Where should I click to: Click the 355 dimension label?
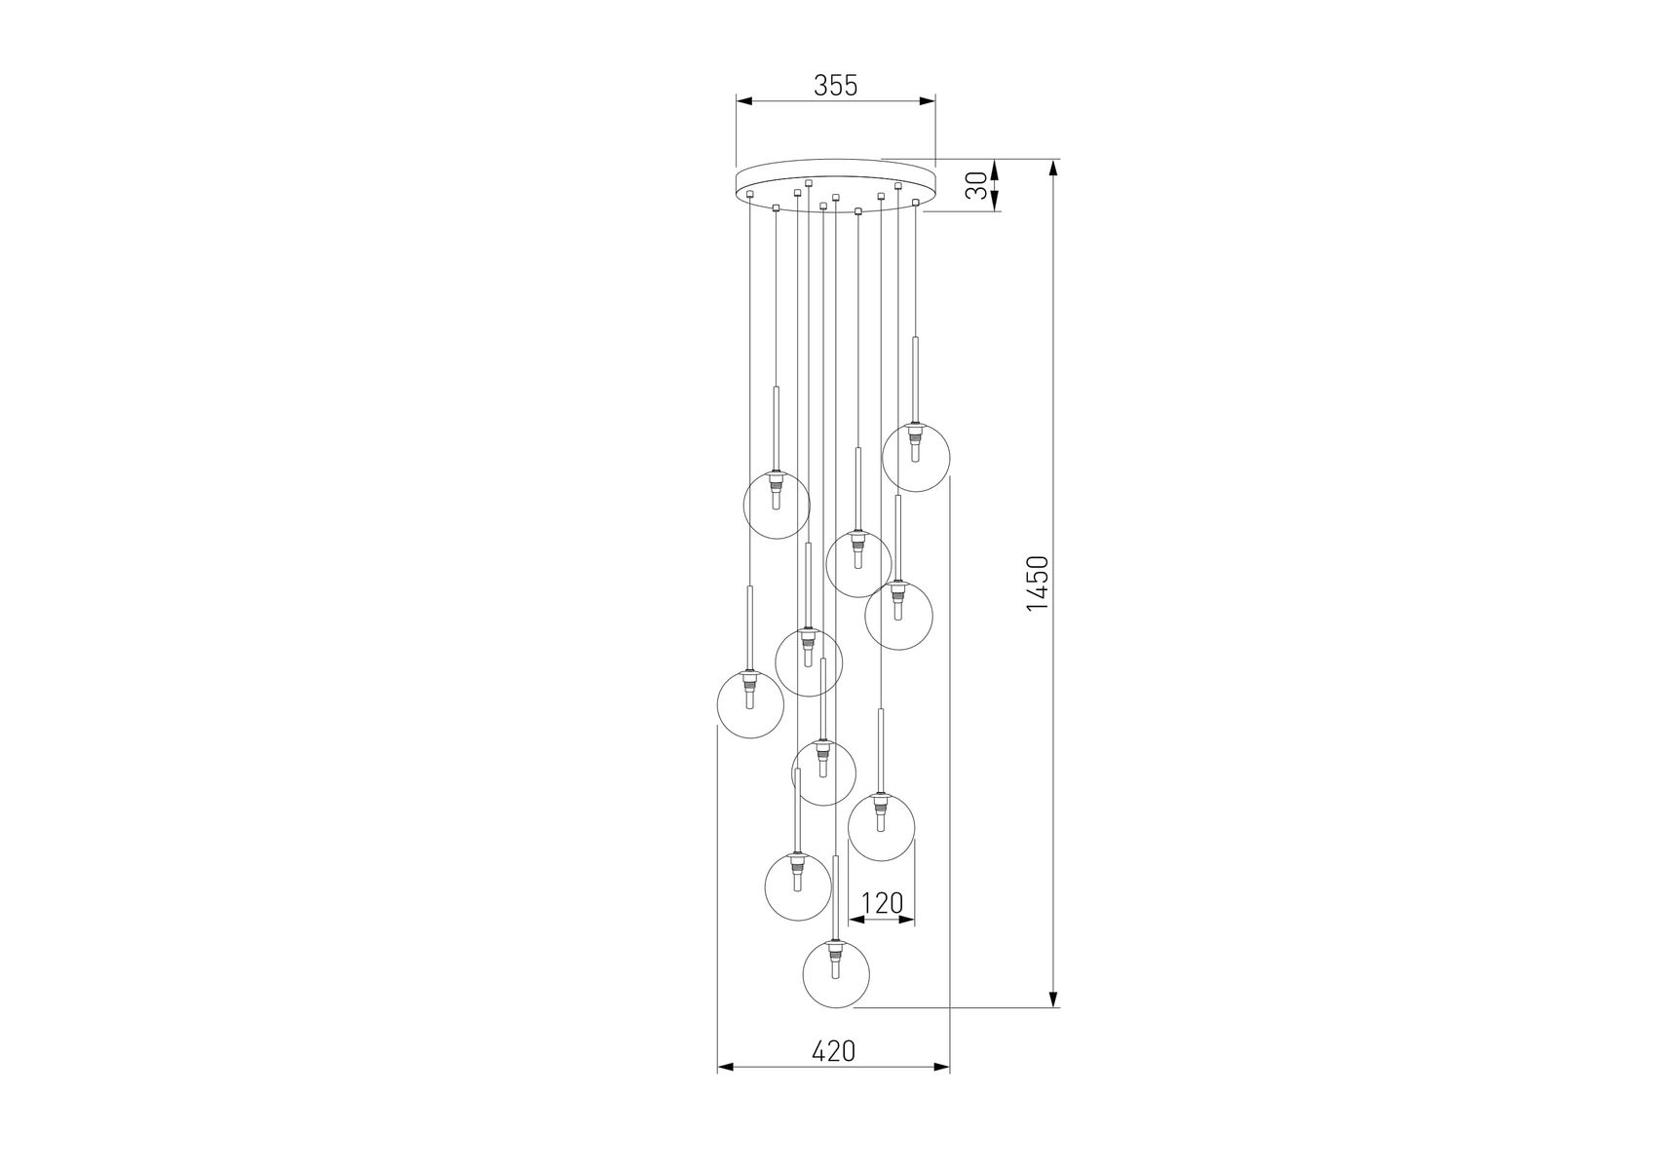[835, 86]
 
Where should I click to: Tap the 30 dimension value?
[977, 185]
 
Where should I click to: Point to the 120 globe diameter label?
[883, 904]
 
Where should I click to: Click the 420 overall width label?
[834, 1051]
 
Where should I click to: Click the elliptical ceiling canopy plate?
[836, 185]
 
